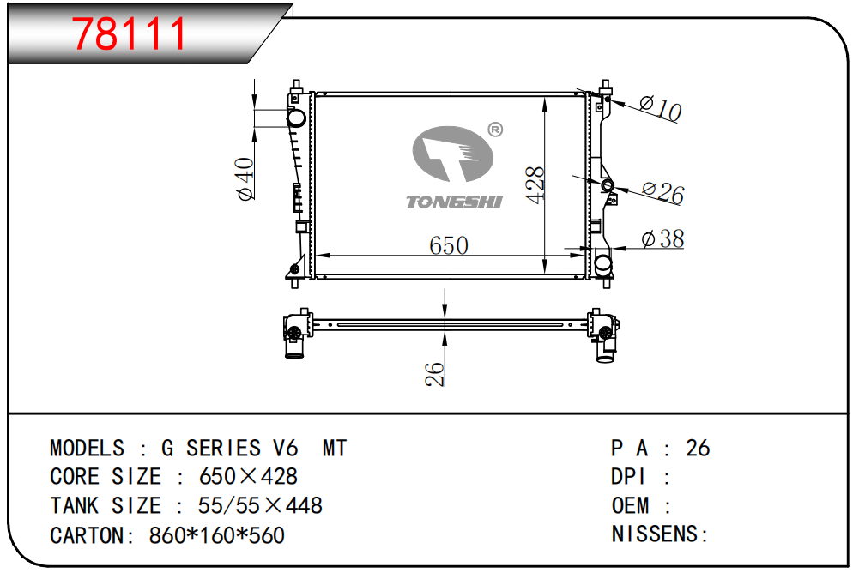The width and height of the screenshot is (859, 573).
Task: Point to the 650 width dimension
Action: (449, 245)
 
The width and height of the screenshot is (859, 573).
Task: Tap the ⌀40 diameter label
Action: (245, 179)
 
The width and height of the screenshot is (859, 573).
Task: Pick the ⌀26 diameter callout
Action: (662, 192)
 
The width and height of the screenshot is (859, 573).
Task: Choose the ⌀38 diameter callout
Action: (662, 239)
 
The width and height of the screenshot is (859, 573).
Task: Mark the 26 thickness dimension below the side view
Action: (436, 373)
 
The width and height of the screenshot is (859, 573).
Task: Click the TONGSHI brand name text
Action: (454, 202)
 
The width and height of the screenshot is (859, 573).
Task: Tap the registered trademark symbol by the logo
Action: (494, 130)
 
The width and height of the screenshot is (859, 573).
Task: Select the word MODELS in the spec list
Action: (87, 448)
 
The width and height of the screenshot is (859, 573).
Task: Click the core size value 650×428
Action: (249, 476)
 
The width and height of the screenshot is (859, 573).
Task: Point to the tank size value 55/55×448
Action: (260, 505)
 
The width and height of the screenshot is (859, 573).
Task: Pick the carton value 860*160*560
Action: (217, 535)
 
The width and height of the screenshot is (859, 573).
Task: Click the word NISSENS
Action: (656, 534)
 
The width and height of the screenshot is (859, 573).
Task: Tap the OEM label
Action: (630, 505)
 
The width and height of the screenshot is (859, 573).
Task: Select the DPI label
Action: (628, 477)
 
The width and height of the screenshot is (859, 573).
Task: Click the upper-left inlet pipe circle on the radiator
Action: (296, 117)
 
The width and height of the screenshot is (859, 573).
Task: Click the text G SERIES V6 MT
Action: (254, 448)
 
